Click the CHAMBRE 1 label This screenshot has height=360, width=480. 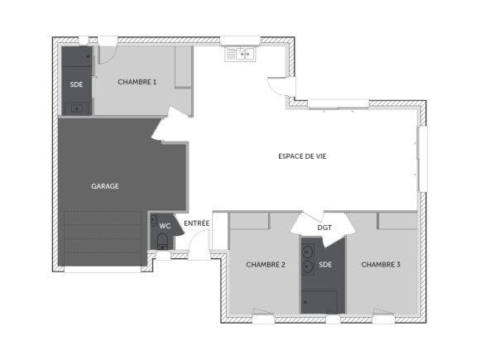[137, 81]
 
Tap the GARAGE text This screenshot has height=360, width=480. [105, 186]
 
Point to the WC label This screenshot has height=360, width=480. [165, 225]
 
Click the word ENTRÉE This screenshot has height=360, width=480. [196, 223]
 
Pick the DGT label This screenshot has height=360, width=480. [324, 228]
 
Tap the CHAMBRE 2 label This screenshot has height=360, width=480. [265, 265]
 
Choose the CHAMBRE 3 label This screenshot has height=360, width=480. [381, 265]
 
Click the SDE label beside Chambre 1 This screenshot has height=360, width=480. [76, 84]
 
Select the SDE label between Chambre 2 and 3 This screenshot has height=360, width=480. [324, 266]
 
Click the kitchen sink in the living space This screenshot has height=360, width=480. [241, 54]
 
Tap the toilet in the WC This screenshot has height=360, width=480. [163, 242]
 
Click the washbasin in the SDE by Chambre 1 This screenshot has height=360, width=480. [77, 108]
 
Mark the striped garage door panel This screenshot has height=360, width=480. [103, 238]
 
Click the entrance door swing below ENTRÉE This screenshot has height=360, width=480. [199, 246]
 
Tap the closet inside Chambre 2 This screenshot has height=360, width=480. [249, 221]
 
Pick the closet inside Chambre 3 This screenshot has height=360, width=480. [398, 221]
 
